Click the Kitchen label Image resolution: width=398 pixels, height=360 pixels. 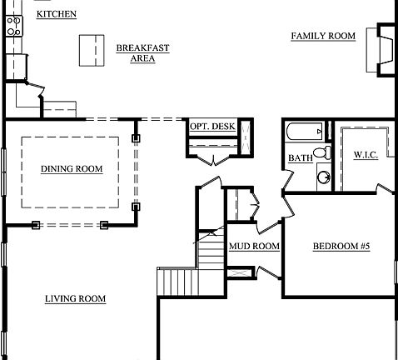coord(57,15)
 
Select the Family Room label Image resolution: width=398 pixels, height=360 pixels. coord(323,36)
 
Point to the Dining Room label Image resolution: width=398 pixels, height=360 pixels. coord(72,169)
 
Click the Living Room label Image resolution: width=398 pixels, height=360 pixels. coord(76,298)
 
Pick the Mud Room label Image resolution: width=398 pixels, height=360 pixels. coord(254,247)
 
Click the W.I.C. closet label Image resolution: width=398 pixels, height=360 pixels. coord(366,156)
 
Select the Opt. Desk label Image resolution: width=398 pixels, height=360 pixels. coord(212,127)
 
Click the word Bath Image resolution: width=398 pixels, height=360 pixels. coord(300,158)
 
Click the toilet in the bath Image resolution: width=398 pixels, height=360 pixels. coord(325,152)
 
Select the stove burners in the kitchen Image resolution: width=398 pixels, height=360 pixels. coord(14,27)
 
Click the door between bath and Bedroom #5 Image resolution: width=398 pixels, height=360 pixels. coord(286,181)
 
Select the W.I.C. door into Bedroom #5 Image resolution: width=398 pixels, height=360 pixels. coord(384,191)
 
